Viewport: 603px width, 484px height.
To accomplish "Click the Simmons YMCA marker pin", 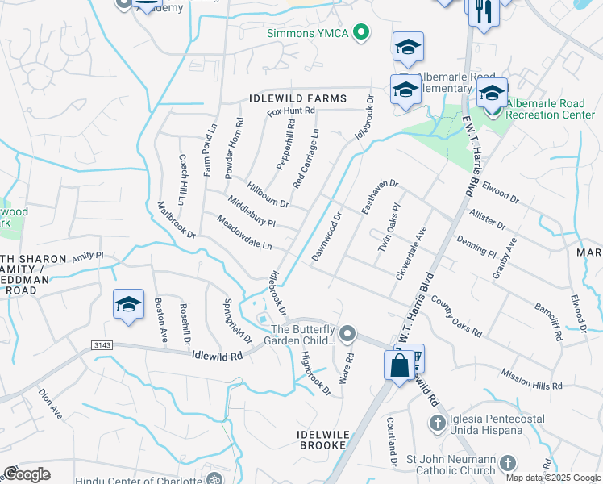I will (362, 33).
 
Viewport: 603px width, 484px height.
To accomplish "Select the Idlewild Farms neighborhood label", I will (297, 98).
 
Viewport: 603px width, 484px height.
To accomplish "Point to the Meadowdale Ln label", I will (244, 232).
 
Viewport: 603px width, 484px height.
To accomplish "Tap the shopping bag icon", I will (400, 365).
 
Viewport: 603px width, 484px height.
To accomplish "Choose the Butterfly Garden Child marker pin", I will (347, 332).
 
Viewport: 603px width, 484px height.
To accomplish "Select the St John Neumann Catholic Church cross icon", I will (507, 462).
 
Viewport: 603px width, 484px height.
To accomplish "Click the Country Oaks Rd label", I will (455, 316).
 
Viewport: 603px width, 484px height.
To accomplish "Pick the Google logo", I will (27, 474).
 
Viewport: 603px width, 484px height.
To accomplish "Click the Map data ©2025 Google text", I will (552, 478).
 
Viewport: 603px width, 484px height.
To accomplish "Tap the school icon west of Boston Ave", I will (128, 304).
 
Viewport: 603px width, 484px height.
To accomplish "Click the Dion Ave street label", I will (51, 403).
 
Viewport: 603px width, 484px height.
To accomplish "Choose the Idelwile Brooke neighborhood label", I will (323, 440).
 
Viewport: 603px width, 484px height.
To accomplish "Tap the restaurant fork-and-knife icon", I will (484, 12).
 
